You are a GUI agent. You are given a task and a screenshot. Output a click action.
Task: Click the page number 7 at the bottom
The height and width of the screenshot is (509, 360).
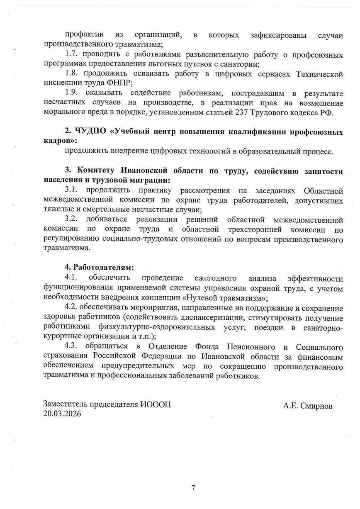click(x=193, y=487)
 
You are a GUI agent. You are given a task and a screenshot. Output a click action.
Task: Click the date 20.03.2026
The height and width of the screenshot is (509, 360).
click(x=62, y=414)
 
